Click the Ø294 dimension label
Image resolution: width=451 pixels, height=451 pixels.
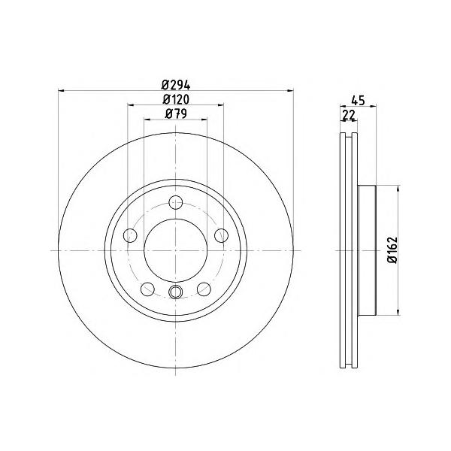(x=176, y=85)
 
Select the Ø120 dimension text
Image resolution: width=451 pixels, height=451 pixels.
(x=176, y=99)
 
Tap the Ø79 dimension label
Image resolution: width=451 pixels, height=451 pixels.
(x=176, y=114)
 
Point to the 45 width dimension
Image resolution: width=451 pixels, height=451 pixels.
(x=358, y=101)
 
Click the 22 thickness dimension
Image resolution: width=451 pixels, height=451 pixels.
(x=349, y=115)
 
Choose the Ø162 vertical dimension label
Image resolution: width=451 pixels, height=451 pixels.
(x=392, y=250)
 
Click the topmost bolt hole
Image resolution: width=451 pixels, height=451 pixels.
(x=175, y=202)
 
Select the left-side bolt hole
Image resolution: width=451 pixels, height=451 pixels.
(x=130, y=235)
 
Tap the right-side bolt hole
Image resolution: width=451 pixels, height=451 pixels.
(x=221, y=235)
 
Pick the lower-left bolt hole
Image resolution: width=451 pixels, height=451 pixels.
(x=147, y=289)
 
